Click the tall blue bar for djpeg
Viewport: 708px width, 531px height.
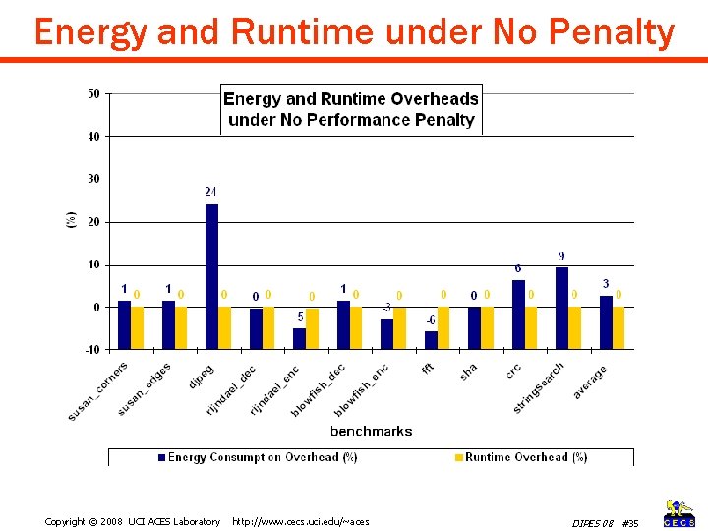coord(211,256)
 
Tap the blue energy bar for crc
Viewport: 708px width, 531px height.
coord(518,294)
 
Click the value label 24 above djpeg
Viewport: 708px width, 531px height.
coord(210,191)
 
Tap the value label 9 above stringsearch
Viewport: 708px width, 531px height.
coord(561,257)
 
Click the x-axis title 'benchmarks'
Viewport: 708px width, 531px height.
coord(371,431)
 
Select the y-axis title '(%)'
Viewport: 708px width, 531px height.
coord(71,220)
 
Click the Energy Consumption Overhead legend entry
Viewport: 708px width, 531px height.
coord(257,457)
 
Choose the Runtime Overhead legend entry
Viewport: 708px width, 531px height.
coord(520,457)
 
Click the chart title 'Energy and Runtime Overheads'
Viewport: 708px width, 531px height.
coord(351,99)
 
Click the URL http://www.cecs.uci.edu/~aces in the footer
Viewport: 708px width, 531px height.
coord(300,521)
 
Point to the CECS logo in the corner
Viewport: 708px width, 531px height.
coord(679,513)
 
